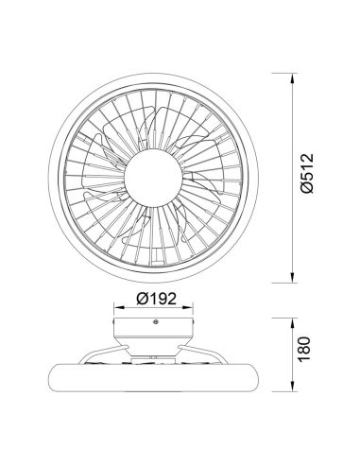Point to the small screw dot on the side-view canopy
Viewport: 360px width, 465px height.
pyautogui.click(x=156, y=324)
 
